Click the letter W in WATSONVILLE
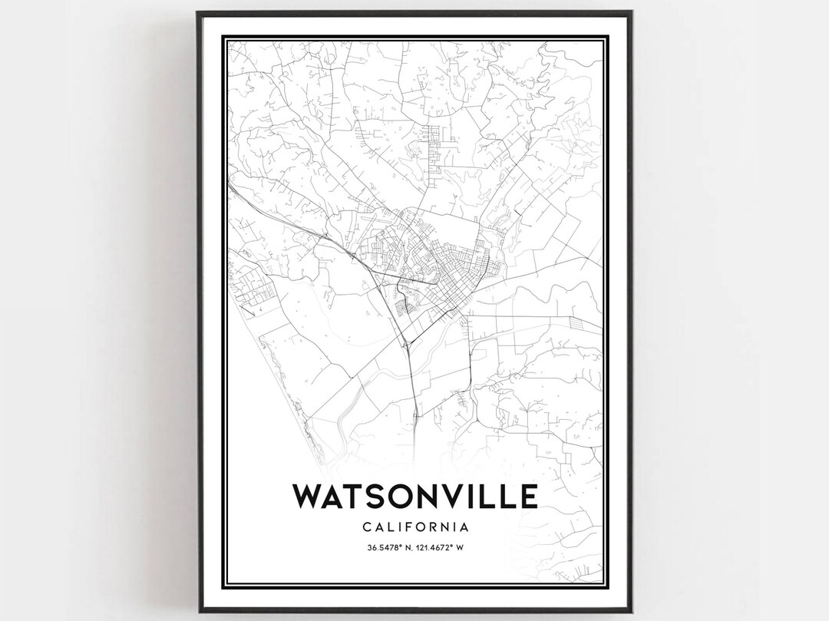(309, 497)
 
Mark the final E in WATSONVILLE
(528, 497)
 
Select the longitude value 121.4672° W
(444, 547)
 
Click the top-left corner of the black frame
(198, 12)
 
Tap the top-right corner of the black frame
(631, 12)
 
